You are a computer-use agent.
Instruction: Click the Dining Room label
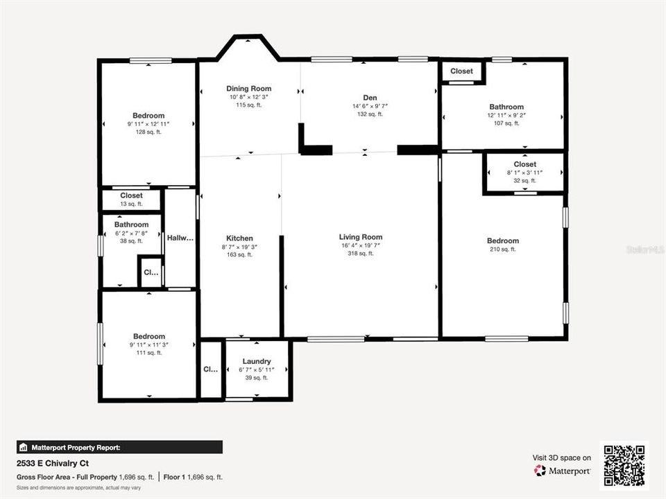pos(249,89)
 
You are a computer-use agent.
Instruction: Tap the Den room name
pos(370,98)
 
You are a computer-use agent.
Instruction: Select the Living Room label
pos(361,237)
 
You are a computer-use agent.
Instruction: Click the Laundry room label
pos(257,362)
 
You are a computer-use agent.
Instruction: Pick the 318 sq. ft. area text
pos(361,254)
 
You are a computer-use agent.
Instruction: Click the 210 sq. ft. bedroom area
pos(503,249)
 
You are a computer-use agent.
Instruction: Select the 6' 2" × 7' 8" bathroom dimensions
pos(131,233)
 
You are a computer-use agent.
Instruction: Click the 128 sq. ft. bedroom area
pos(148,132)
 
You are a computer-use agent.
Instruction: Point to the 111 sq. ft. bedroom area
pos(149,353)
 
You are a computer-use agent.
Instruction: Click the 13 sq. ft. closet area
pos(131,204)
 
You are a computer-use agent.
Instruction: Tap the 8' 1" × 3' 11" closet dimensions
pos(524,173)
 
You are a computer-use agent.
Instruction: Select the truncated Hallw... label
pos(180,238)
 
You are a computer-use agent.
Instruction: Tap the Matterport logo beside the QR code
pos(562,471)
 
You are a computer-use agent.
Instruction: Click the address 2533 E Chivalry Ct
pos(53,463)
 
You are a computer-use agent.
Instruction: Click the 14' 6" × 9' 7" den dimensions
pos(370,106)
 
